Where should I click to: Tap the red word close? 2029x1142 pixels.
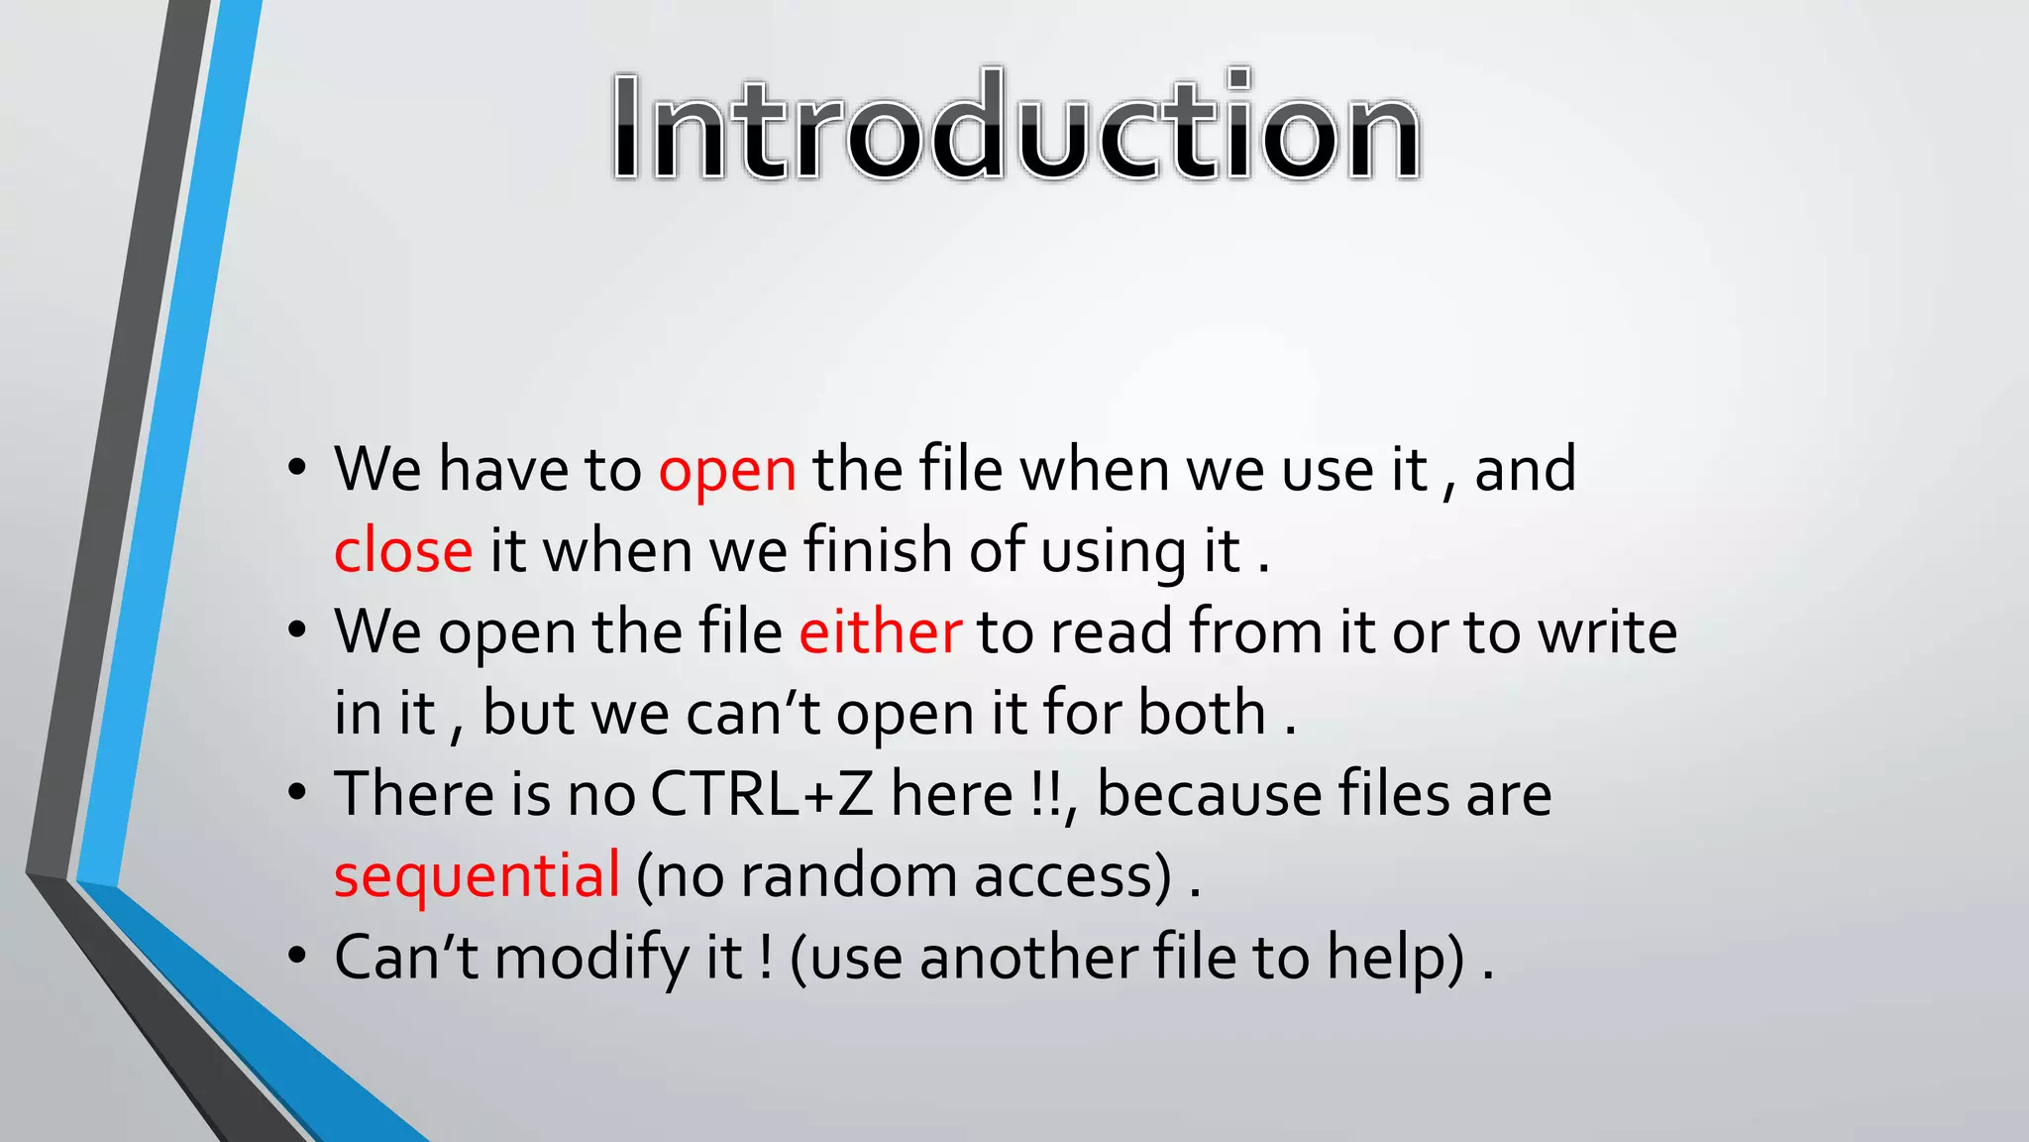(x=403, y=551)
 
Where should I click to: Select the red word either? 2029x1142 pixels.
(x=880, y=632)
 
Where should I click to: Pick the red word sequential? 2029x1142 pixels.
(x=477, y=876)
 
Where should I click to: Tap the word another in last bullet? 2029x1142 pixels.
(x=1026, y=958)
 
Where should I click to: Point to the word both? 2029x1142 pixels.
(x=1202, y=714)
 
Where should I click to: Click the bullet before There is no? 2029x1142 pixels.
(x=297, y=793)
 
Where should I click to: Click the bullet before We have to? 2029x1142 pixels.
(x=297, y=468)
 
